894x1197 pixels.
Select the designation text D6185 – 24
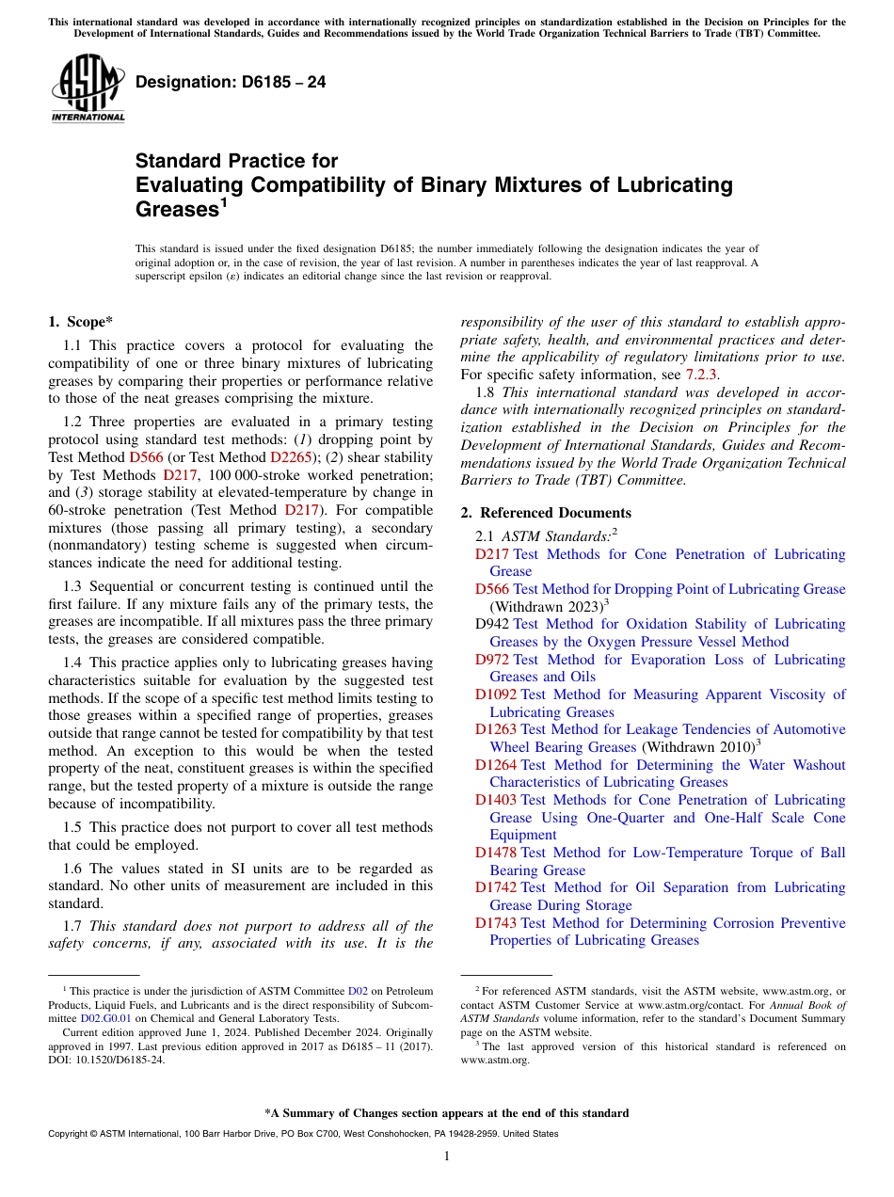[231, 82]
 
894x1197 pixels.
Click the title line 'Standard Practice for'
[236, 161]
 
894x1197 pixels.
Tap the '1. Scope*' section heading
[81, 322]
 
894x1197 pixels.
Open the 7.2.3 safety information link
[701, 375]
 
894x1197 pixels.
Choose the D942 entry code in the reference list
[492, 624]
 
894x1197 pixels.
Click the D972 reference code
[492, 660]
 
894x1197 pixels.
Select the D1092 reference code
[496, 694]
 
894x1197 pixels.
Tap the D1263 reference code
[496, 729]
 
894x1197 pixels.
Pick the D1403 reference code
[496, 800]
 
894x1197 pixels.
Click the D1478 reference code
[496, 853]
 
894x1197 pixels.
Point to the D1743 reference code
[496, 923]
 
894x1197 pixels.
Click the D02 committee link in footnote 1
[358, 991]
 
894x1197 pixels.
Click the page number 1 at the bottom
[447, 1157]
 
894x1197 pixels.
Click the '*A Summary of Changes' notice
[446, 1113]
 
